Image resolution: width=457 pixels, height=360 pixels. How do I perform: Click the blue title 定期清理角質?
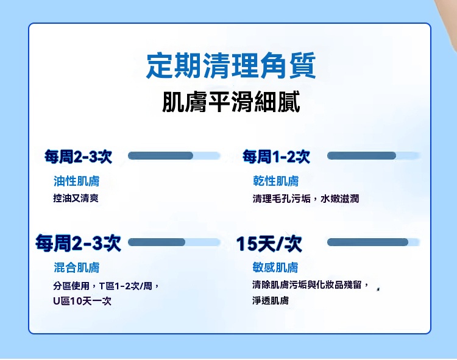click(231, 65)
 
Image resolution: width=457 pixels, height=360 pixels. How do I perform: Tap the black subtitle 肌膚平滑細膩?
click(231, 102)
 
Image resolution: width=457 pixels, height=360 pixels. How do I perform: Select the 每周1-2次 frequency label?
click(276, 157)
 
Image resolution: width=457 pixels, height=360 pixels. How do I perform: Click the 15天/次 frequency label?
click(269, 244)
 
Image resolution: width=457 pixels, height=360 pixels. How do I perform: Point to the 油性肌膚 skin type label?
click(76, 181)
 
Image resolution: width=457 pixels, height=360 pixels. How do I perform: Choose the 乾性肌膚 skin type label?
click(275, 181)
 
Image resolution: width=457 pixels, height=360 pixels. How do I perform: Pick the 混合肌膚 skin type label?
click(76, 267)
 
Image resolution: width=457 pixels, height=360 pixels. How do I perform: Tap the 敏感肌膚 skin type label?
click(275, 267)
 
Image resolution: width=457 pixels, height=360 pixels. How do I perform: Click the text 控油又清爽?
click(76, 199)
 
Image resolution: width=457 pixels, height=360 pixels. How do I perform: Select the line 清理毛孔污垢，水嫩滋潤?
click(306, 199)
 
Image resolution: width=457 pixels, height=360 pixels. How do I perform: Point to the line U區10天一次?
click(82, 300)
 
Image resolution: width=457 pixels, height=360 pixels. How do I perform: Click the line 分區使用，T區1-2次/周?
click(106, 286)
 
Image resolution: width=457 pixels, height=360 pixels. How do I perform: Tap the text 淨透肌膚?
click(271, 300)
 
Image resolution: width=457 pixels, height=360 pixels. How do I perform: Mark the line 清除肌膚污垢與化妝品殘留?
click(311, 284)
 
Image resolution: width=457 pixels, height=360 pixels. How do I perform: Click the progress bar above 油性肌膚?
click(174, 155)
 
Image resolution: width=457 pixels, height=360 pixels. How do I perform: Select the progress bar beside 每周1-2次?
click(374, 155)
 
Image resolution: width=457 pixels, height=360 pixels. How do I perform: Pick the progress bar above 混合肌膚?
click(174, 242)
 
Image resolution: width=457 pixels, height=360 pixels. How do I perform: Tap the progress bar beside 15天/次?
click(374, 242)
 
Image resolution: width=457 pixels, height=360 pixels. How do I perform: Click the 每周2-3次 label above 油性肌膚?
click(78, 157)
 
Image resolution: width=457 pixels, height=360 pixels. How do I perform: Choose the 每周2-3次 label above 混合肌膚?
click(78, 243)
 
